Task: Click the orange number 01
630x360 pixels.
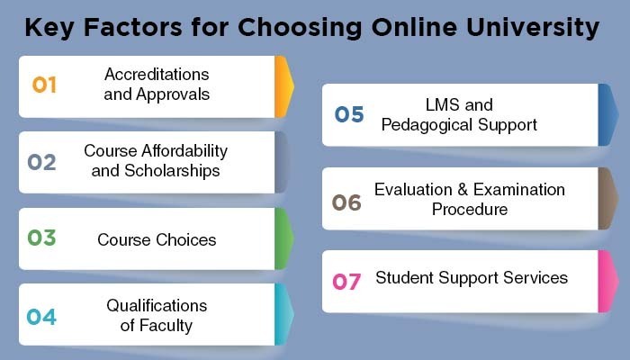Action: [44, 85]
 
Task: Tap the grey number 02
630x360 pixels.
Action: [41, 162]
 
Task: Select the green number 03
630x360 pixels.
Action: [41, 238]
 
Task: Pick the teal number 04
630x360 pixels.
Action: [41, 317]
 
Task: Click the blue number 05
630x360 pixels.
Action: [349, 114]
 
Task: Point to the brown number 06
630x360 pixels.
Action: [346, 202]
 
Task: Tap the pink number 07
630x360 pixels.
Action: [346, 282]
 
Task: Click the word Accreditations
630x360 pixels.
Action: [157, 75]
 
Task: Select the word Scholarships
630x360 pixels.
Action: [173, 171]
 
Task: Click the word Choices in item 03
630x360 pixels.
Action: [186, 240]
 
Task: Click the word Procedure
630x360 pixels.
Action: [470, 210]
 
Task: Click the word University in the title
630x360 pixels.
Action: [533, 27]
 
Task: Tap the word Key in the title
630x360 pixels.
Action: [49, 27]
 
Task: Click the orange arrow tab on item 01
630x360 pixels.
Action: [284, 86]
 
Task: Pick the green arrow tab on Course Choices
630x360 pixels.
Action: [284, 238]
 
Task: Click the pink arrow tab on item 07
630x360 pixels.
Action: [607, 282]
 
